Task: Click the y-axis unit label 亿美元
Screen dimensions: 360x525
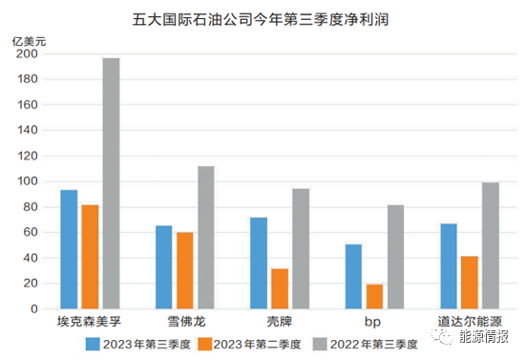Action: (29, 41)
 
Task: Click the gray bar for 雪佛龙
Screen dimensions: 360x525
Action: (205, 237)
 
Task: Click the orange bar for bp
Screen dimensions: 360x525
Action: (374, 296)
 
